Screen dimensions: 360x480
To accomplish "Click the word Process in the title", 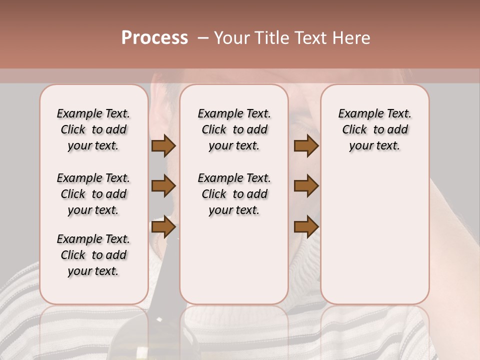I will [x=154, y=37].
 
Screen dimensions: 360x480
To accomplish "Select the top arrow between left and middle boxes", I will [x=163, y=146].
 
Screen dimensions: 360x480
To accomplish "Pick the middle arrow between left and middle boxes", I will [x=163, y=186].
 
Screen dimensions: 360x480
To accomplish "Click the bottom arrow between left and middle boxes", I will [x=163, y=227].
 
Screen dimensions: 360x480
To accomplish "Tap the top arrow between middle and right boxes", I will [x=306, y=146].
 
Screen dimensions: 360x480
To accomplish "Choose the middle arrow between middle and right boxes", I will [x=306, y=186].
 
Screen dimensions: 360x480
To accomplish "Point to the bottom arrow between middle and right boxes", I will [x=306, y=227].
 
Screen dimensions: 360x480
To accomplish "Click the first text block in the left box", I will [x=93, y=129].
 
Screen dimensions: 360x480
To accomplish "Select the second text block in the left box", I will [x=93, y=194].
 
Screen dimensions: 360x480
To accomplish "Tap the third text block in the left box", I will [x=93, y=255].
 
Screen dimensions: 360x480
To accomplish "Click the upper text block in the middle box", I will [x=234, y=129].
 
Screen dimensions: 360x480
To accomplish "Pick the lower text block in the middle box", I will [x=234, y=194].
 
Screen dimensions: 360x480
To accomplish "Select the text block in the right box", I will [x=374, y=129].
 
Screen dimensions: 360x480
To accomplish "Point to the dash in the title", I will [x=202, y=38].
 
